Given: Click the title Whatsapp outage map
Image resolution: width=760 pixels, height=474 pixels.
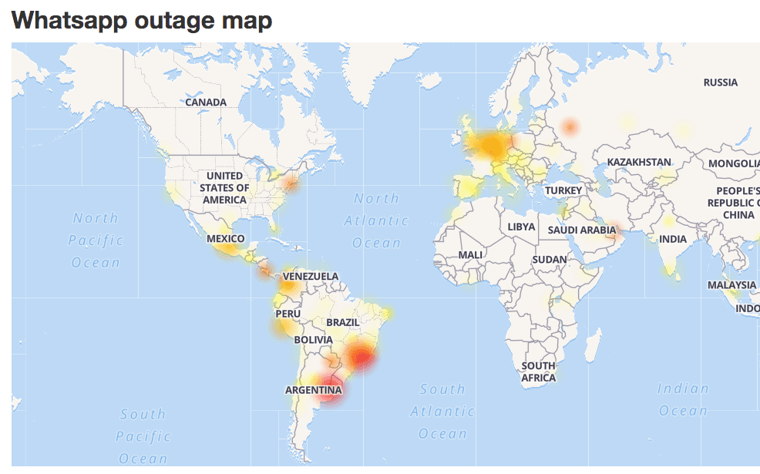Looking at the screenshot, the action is [142, 20].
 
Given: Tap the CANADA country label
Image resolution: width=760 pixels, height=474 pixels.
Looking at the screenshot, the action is [206, 102].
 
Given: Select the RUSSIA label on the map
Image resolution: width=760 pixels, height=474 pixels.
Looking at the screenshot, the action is [721, 82].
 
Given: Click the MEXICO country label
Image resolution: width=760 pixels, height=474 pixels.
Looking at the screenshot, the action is [226, 239].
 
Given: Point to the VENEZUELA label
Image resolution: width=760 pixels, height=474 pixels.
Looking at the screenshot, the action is [311, 276].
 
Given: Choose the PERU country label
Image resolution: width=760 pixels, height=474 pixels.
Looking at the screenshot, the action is [288, 314].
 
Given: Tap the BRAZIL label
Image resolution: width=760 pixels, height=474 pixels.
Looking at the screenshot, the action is [343, 322].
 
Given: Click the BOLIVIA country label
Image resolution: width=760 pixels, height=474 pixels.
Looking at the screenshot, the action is [313, 339].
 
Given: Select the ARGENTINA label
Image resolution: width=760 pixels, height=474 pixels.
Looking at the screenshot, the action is [313, 390].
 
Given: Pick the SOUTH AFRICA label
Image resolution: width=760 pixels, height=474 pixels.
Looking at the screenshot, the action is [538, 371].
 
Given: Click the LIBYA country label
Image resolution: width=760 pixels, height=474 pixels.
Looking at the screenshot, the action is [521, 227].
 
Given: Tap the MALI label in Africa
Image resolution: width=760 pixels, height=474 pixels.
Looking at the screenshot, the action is [470, 254].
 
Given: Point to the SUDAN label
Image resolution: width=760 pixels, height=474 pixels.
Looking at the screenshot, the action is [550, 260].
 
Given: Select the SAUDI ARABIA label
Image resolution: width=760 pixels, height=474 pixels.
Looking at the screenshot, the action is [582, 230].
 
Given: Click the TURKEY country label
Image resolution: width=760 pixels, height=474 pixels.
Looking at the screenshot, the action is [563, 190].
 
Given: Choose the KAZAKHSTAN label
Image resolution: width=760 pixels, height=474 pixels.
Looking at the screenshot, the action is [639, 162].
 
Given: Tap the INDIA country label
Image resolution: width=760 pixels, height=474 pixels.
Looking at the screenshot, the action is [673, 239].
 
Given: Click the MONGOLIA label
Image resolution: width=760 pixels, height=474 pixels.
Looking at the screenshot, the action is [735, 163].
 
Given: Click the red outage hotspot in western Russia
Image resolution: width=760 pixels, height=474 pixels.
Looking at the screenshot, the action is [570, 127].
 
